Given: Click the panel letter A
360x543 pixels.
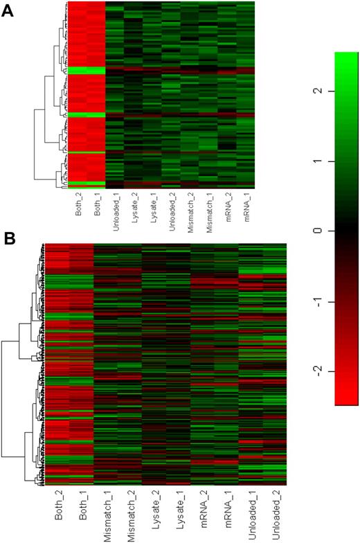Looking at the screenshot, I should (8, 13).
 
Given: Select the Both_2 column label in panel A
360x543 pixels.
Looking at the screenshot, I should (78, 206).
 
